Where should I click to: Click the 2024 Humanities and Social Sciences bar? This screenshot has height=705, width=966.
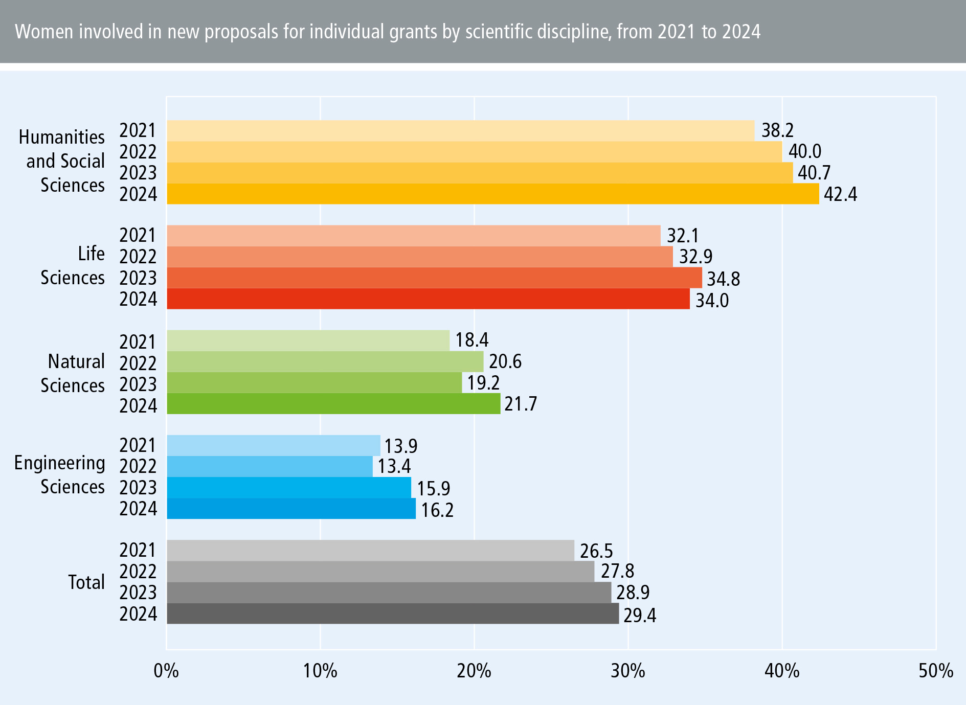tap(492, 194)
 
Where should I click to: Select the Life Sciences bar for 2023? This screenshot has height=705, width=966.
tap(434, 278)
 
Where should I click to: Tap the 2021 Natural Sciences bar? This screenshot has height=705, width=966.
tap(308, 340)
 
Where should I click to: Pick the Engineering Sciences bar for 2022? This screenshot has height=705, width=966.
tap(269, 466)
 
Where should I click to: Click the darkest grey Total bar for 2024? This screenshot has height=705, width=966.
tap(392, 613)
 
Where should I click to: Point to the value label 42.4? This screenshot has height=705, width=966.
tap(840, 194)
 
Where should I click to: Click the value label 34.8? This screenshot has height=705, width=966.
tap(723, 279)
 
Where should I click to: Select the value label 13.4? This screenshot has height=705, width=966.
tap(394, 466)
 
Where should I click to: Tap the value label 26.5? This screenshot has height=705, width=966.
tap(596, 551)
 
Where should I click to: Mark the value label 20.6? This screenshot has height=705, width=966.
tap(505, 361)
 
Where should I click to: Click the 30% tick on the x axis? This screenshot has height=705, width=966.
tap(628, 670)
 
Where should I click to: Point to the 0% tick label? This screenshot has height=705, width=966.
tap(166, 670)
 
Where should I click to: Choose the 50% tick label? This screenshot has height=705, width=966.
tap(935, 670)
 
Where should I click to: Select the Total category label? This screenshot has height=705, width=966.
tap(86, 582)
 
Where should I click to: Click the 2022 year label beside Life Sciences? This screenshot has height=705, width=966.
tap(138, 257)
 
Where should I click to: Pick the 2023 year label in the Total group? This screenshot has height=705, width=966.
tap(138, 593)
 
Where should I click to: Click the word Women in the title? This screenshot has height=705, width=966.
tap(44, 32)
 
